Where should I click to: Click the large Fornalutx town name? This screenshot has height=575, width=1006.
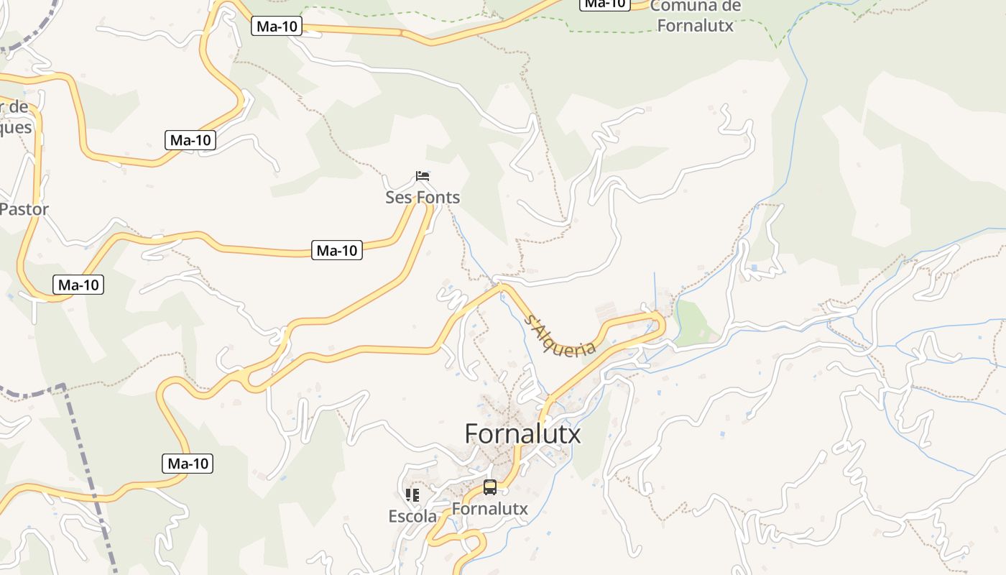click(522, 434)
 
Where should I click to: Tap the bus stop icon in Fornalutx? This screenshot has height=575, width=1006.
click(490, 487)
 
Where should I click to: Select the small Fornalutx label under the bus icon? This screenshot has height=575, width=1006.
click(489, 509)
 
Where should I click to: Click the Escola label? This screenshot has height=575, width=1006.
click(412, 516)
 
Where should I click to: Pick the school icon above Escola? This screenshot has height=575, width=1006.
click(412, 494)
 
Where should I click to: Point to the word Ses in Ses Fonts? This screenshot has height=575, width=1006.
click(399, 198)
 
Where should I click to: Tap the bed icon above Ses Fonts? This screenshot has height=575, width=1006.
click(423, 176)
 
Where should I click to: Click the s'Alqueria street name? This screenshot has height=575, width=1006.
click(561, 335)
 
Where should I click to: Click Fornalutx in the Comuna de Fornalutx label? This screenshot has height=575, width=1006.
click(695, 26)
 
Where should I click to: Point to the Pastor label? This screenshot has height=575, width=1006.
click(24, 210)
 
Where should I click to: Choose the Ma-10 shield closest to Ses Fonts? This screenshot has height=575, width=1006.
click(336, 250)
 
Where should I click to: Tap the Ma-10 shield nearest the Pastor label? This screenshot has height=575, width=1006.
click(78, 285)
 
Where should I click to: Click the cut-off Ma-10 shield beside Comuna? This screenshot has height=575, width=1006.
click(604, 4)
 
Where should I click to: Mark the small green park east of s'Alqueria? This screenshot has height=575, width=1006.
click(693, 323)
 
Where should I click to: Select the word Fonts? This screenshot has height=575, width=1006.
click(438, 198)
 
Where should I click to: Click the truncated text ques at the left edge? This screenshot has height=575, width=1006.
click(16, 127)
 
